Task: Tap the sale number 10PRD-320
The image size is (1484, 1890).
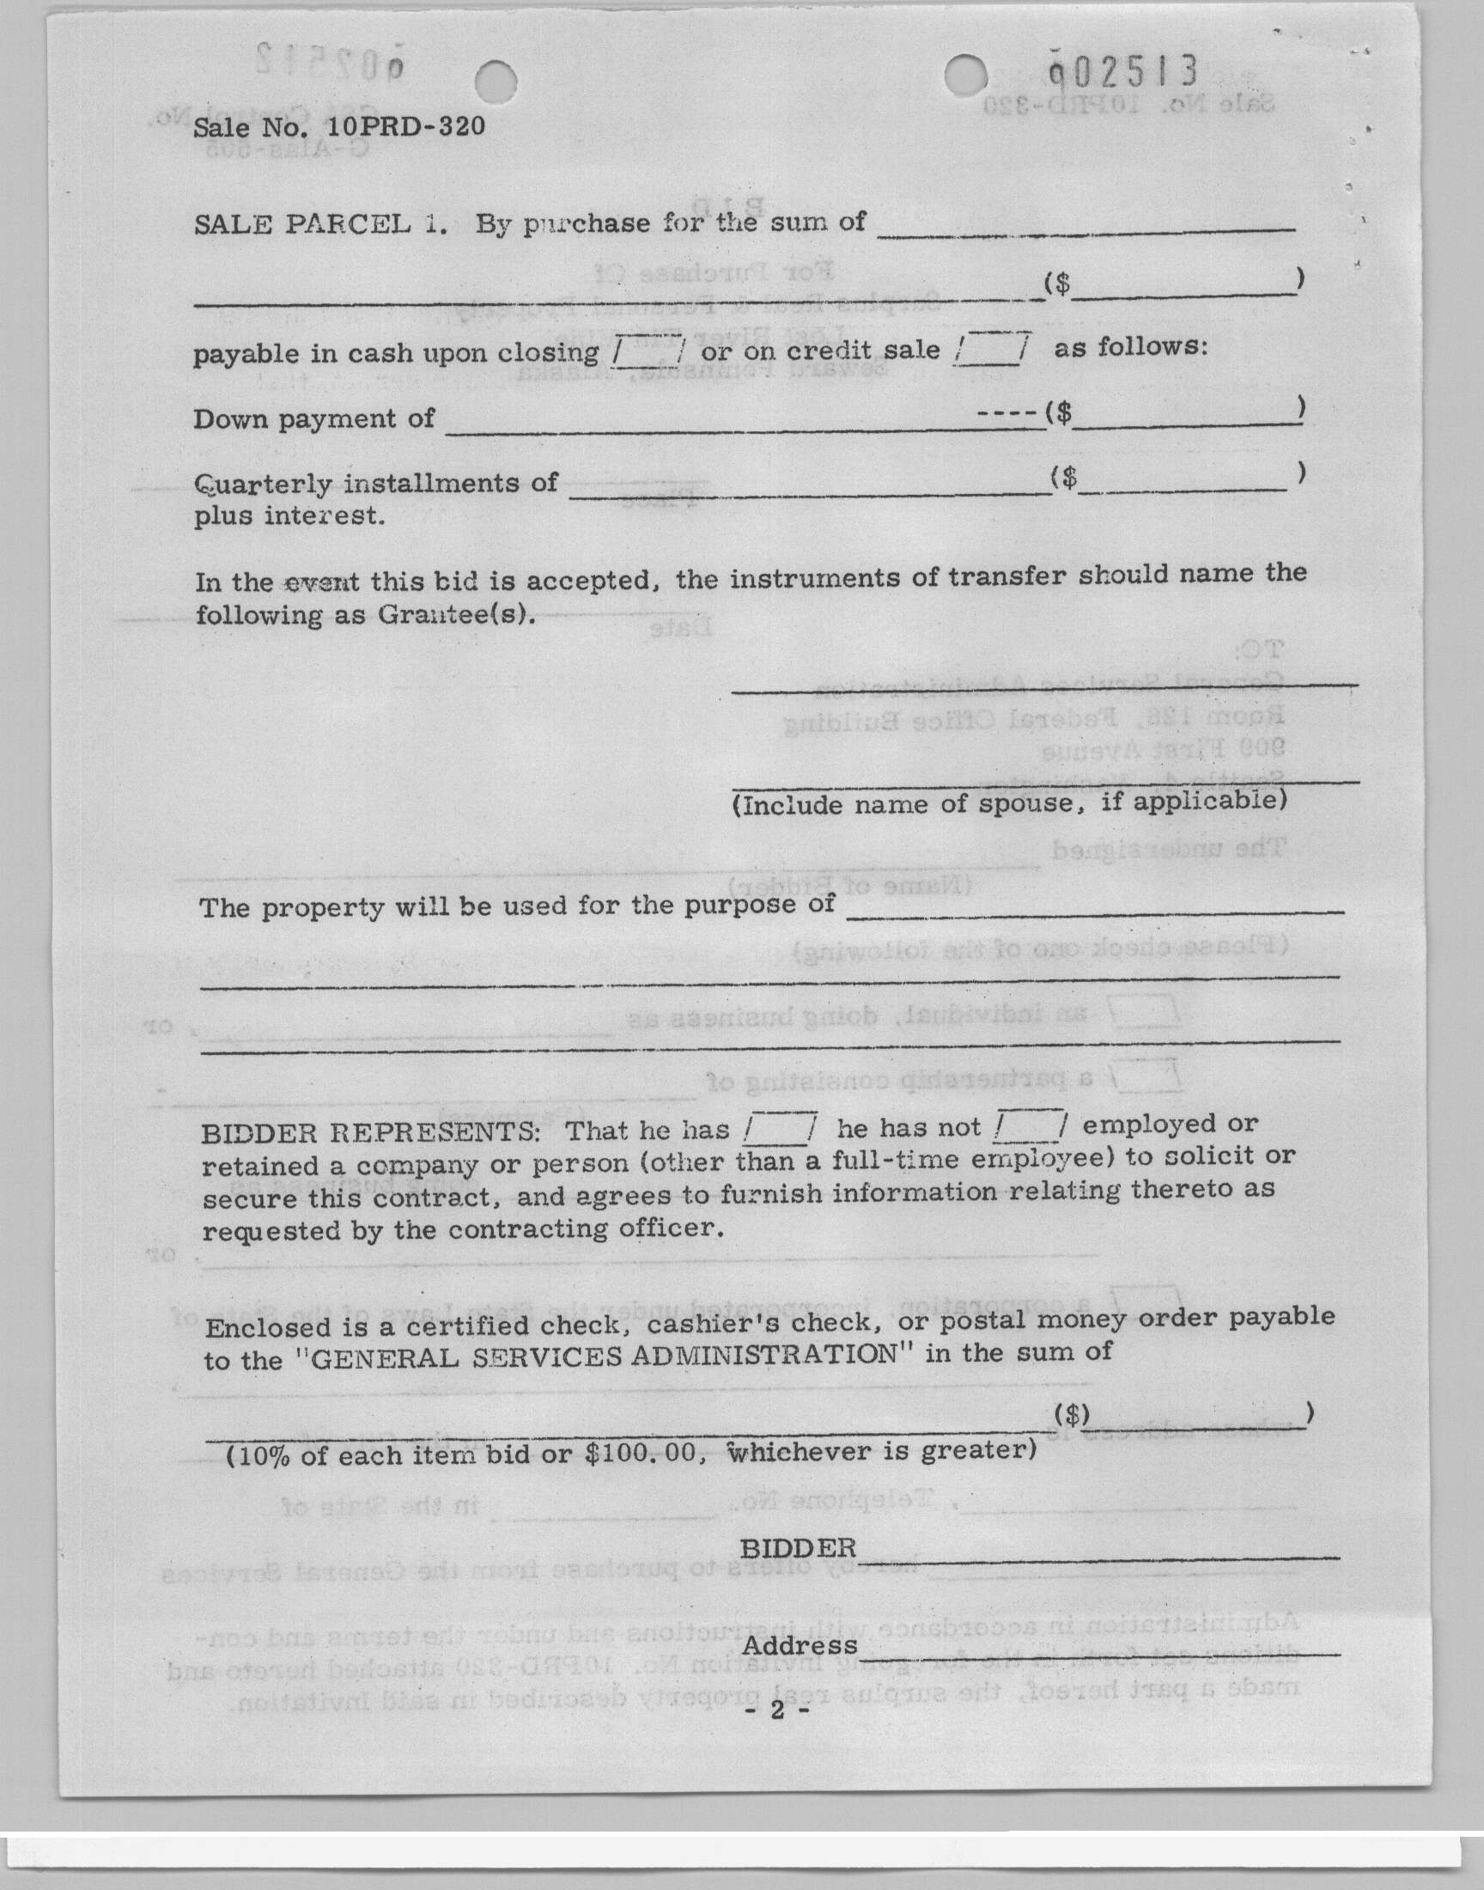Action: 404,127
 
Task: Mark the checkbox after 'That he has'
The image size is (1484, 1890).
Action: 781,1128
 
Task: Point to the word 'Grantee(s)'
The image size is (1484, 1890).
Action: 453,614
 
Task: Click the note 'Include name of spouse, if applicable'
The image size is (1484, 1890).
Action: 1008,802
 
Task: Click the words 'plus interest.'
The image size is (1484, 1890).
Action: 289,515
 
